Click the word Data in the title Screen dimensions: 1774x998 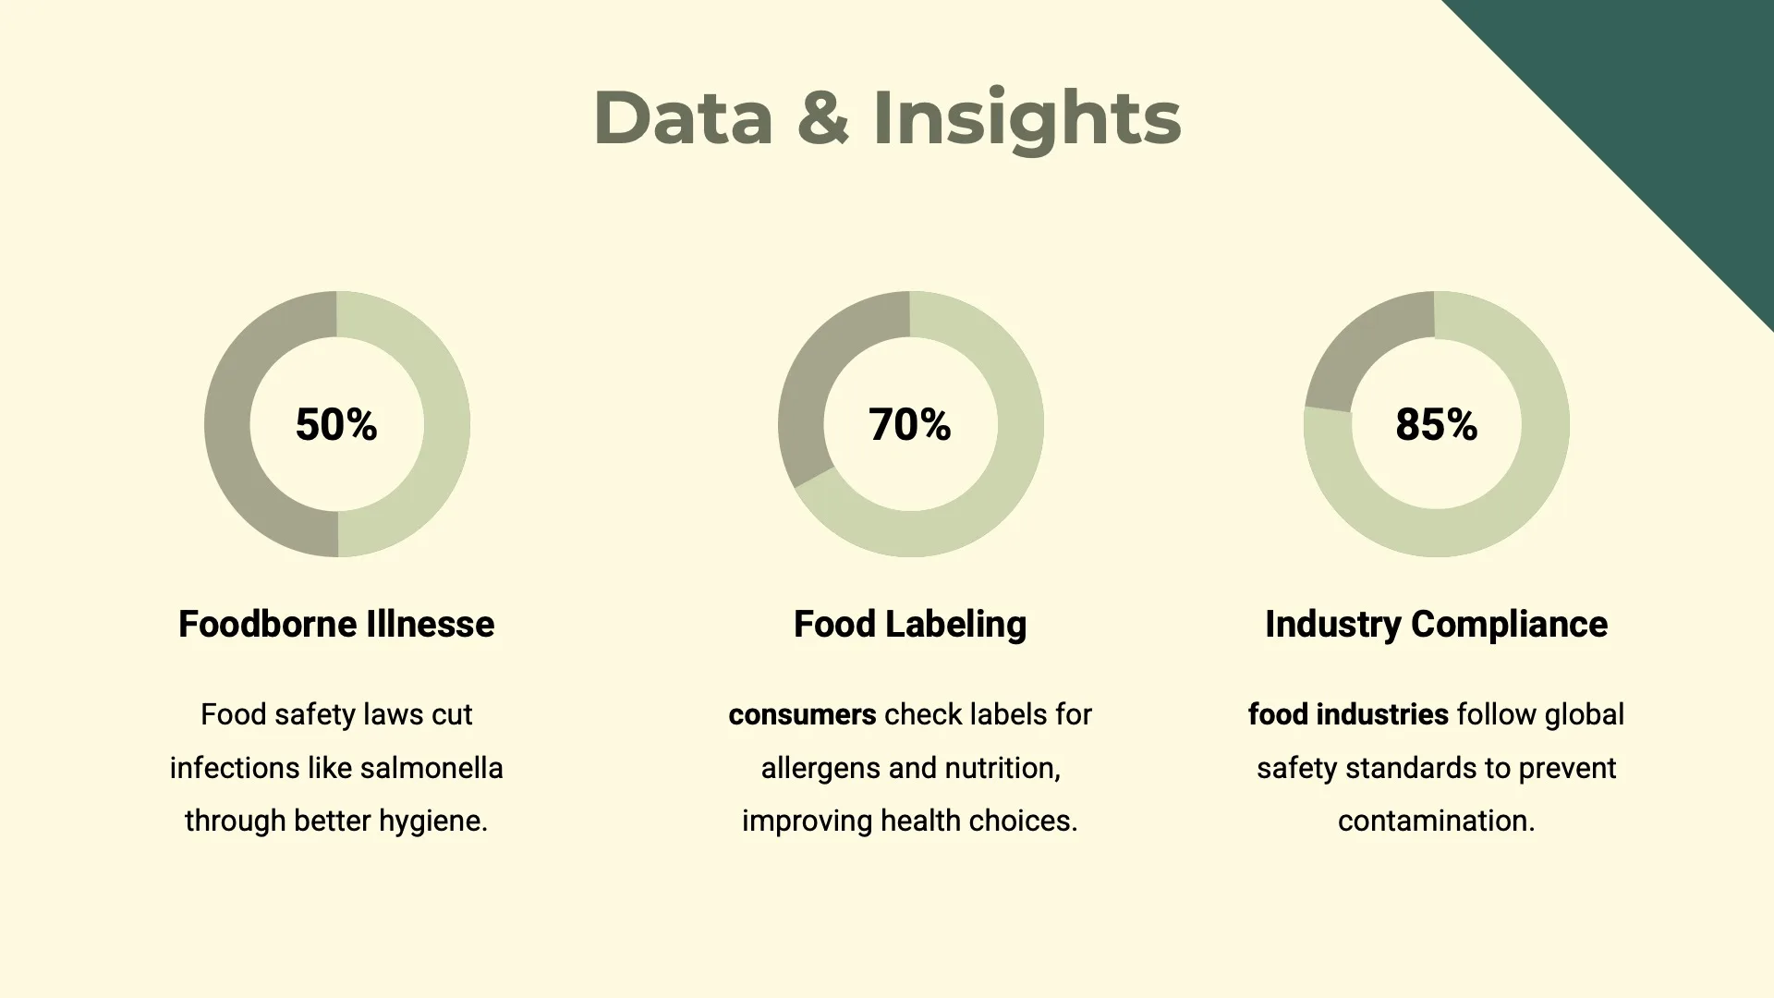[x=684, y=117]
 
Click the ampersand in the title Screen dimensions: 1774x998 [x=822, y=117]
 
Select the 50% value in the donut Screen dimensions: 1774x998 [x=336, y=425]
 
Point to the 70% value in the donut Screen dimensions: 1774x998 [x=910, y=425]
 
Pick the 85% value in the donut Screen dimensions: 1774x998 [x=1437, y=425]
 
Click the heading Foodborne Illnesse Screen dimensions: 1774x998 [x=336, y=625]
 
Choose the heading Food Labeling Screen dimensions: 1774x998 [x=910, y=626]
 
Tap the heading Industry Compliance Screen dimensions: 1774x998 [x=1437, y=626]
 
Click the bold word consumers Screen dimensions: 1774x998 [x=802, y=714]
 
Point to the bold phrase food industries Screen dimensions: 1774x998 [x=1348, y=714]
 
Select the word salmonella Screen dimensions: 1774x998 [x=431, y=768]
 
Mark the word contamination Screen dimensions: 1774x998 [x=1437, y=821]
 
